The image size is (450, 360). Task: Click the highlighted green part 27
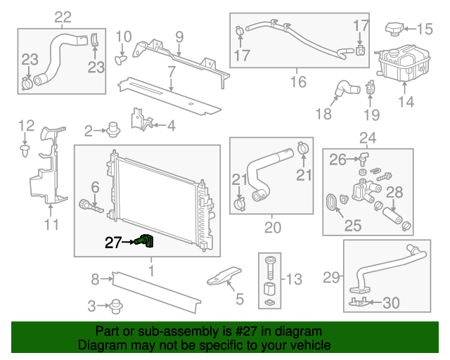pos(146,242)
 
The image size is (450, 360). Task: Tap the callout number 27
pos(112,243)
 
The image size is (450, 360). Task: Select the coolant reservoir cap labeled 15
pos(395,29)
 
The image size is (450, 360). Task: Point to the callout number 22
pos(63,17)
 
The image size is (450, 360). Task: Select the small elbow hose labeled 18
pos(345,89)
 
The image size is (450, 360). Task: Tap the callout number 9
pos(179,36)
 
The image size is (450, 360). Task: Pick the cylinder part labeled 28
pos(389,211)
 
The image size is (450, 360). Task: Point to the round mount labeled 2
pos(112,130)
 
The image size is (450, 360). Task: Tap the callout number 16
pos(298,82)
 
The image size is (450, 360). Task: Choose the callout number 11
pos(51,225)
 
